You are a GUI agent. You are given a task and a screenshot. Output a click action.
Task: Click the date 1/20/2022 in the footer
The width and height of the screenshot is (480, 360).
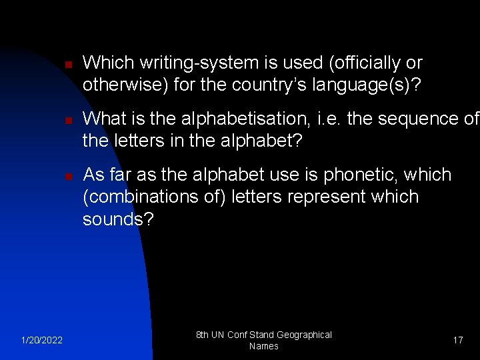[41, 341]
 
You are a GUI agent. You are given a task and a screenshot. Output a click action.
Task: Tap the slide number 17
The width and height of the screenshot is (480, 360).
[458, 341]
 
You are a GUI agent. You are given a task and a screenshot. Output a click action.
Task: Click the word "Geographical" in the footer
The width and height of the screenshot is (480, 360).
[304, 335]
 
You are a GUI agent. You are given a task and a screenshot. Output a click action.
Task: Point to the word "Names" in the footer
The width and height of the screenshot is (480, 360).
[263, 347]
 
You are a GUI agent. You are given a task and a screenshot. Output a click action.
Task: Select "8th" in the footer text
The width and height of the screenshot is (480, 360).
[203, 335]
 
